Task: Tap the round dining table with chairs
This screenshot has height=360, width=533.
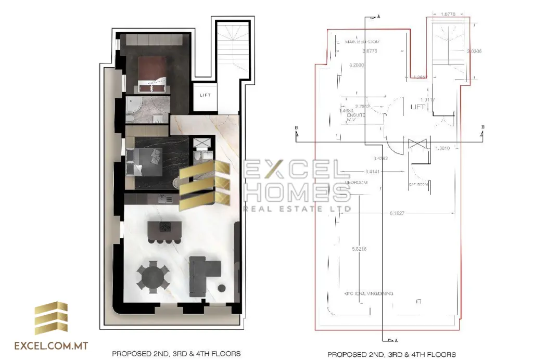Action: tap(153, 276)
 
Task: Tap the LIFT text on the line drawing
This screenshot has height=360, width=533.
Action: tap(418, 107)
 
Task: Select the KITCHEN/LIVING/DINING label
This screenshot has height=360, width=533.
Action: tap(369, 294)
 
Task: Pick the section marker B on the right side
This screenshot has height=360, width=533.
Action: tap(484, 127)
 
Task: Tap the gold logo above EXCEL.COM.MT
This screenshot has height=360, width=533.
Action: tap(51, 318)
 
